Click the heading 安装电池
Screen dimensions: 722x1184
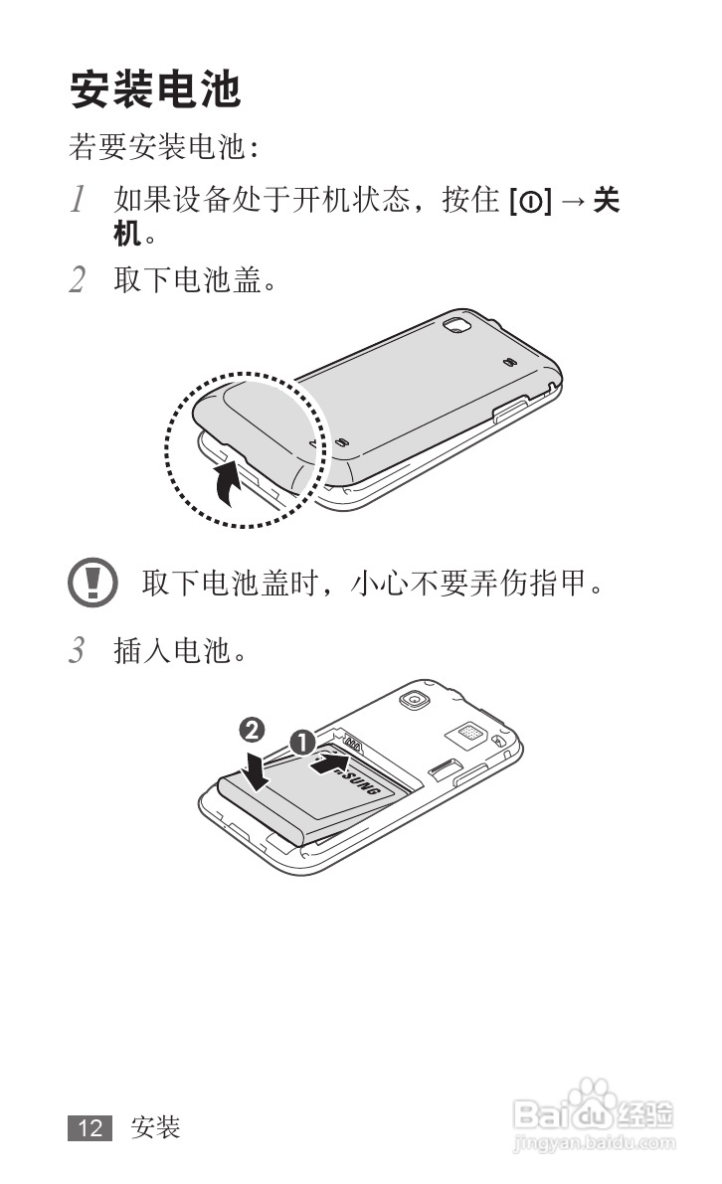coord(155,89)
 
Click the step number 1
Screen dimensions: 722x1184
coord(77,200)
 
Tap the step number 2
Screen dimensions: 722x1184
coord(77,279)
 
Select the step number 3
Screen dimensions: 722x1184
coord(77,649)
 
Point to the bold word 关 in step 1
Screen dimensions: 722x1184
coord(607,200)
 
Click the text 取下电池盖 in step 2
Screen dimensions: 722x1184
coord(187,279)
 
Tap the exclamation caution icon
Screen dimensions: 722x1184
coord(92,583)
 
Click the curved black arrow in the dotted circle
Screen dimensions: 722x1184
coord(227,483)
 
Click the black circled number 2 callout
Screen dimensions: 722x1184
coord(252,730)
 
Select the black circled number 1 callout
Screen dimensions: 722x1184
coord(303,742)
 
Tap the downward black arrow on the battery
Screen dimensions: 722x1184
coord(257,768)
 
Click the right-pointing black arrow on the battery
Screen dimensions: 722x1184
coord(331,764)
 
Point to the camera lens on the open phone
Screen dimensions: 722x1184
coord(413,700)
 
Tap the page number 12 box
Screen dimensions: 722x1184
coord(90,1128)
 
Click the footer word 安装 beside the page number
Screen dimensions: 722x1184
coord(155,1128)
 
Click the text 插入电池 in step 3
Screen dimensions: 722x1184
coord(172,650)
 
